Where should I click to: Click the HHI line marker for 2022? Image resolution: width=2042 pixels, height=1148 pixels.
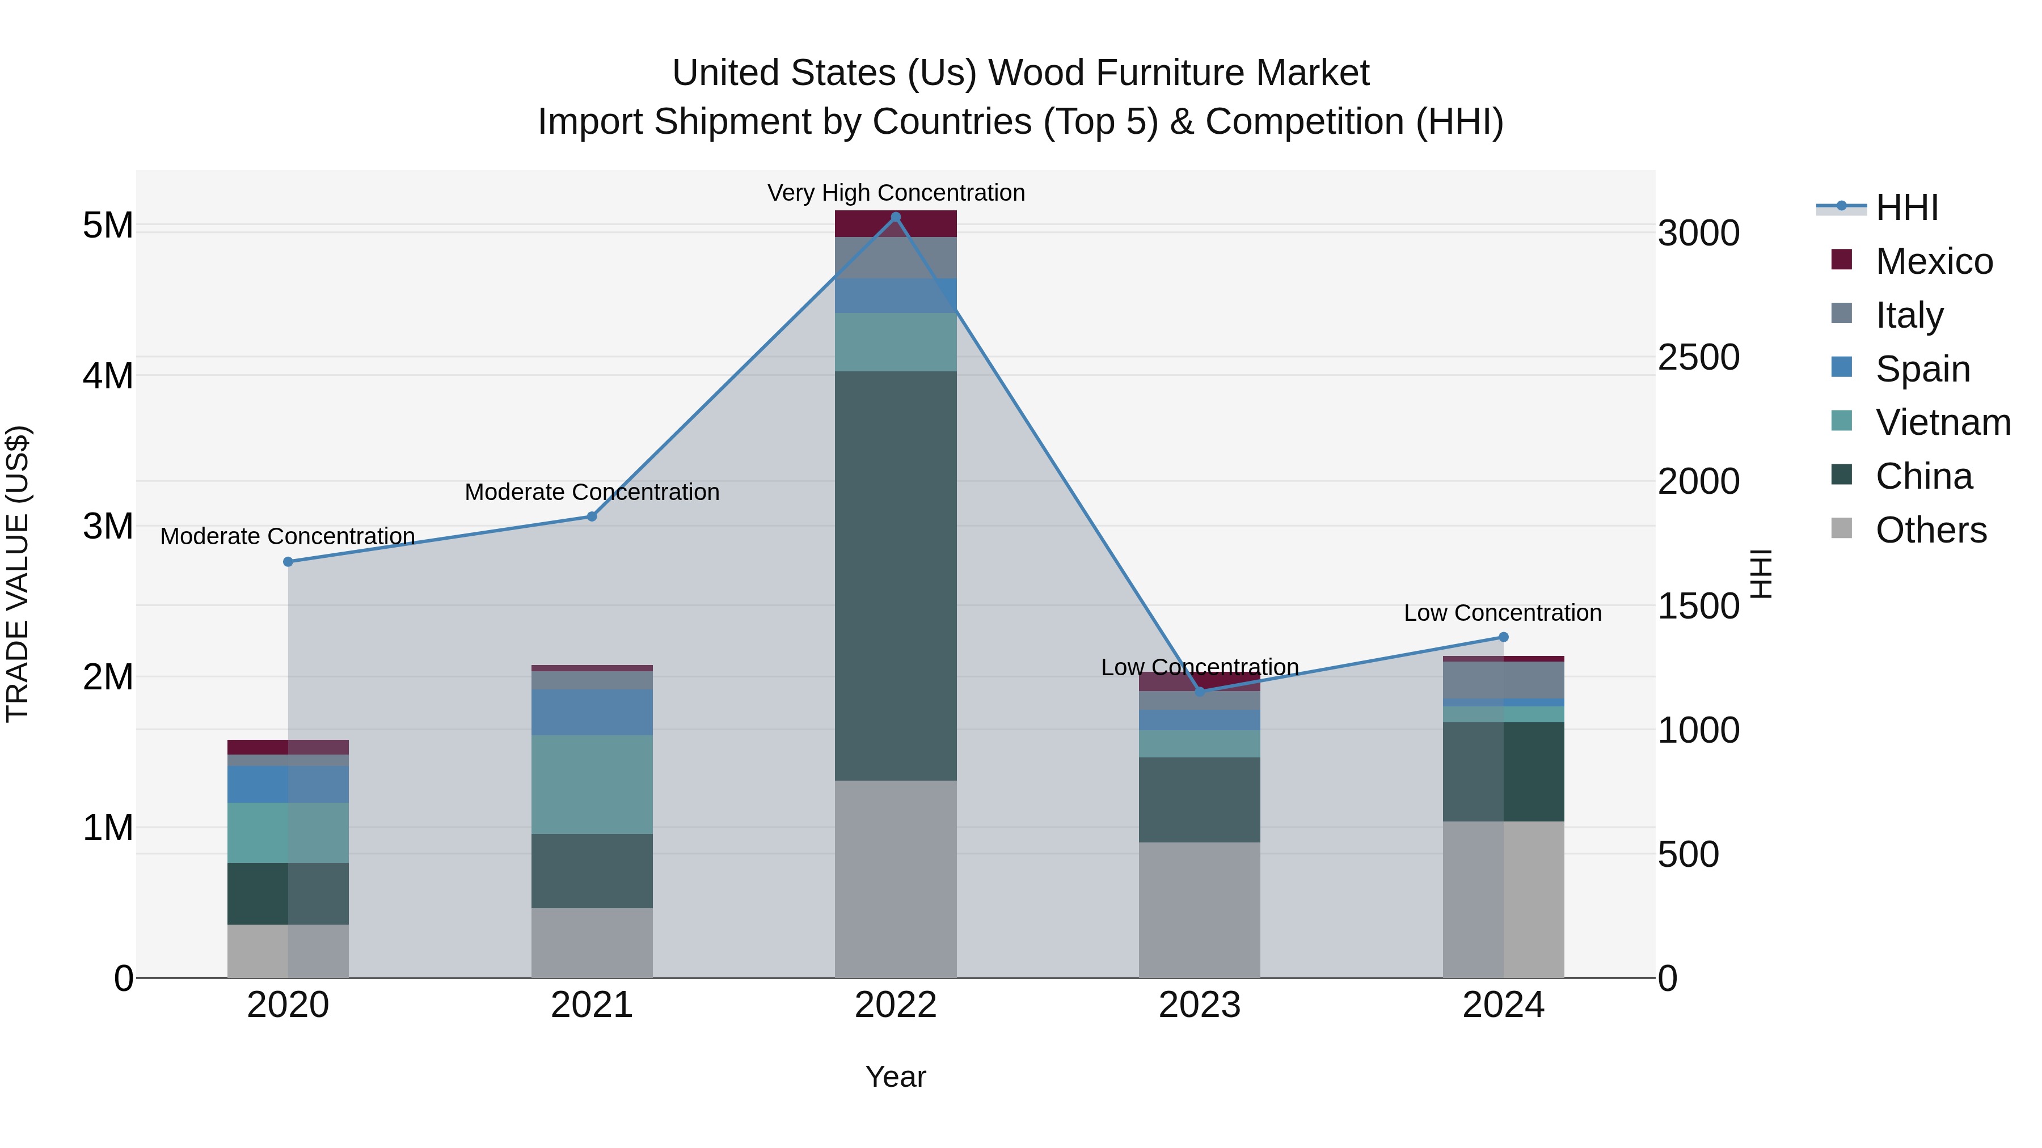coord(896,217)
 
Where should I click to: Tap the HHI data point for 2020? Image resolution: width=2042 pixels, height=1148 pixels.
coord(288,562)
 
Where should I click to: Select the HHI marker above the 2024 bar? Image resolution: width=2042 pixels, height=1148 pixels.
coord(1503,637)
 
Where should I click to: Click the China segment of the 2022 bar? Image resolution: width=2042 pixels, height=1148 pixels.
coord(896,576)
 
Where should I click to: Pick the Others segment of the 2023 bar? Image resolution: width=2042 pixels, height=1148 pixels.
coord(1199,909)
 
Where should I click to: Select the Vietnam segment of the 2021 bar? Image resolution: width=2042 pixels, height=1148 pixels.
coord(592,785)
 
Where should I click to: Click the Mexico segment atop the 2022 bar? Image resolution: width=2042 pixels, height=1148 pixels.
coord(896,224)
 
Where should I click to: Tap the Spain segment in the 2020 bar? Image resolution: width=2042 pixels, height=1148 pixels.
coord(288,785)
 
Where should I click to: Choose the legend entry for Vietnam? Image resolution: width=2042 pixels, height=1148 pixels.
coord(1943,422)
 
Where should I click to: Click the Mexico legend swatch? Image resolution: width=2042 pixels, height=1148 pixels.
coord(1841,260)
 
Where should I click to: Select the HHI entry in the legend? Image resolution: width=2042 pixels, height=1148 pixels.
coord(1906,207)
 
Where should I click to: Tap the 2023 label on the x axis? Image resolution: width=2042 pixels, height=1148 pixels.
coord(1199,1005)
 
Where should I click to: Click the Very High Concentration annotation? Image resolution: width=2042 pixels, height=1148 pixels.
coord(896,193)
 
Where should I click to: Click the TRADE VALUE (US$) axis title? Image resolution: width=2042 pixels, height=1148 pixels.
coord(18,574)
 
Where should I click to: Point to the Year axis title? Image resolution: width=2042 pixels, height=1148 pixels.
coord(896,1077)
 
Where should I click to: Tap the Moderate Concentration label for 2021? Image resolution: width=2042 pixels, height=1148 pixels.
coord(592,492)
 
